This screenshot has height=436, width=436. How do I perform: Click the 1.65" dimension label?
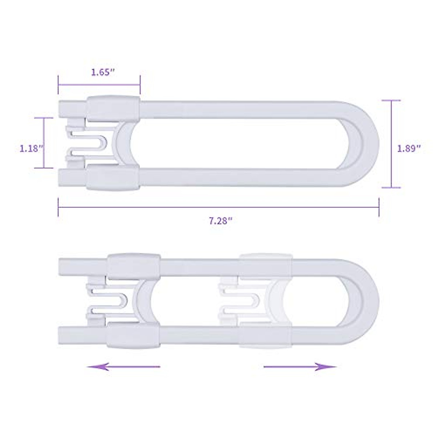point(103,72)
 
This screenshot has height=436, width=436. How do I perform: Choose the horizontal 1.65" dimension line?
point(99,85)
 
